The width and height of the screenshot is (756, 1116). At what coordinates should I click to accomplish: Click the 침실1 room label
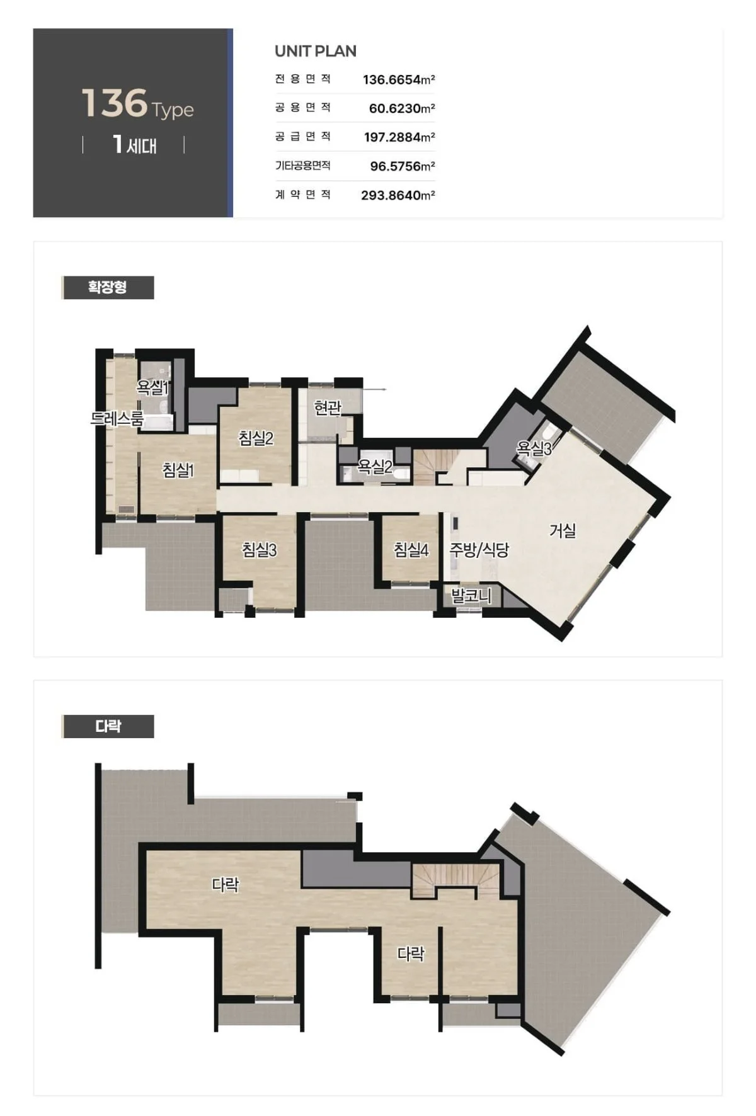click(178, 470)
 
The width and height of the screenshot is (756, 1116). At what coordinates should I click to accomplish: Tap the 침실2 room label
click(256, 438)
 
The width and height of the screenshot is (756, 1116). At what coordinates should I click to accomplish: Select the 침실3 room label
click(260, 550)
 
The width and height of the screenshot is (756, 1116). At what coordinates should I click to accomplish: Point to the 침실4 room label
click(411, 550)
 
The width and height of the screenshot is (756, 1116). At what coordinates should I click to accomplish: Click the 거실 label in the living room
click(563, 530)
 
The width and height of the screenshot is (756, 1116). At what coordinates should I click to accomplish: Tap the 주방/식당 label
click(479, 550)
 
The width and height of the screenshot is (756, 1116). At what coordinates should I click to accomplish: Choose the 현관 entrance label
click(328, 407)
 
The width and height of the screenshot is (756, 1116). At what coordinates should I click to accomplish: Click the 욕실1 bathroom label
click(153, 387)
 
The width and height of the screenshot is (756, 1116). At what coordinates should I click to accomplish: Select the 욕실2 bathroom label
click(375, 467)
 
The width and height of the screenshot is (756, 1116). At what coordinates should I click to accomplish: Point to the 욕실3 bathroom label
click(534, 448)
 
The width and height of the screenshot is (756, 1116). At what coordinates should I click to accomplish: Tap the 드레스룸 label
click(117, 418)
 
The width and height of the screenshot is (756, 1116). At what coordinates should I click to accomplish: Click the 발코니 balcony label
click(471, 595)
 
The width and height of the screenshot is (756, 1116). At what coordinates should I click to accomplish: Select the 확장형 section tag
click(108, 287)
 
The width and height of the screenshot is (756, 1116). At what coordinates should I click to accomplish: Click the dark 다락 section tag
click(108, 726)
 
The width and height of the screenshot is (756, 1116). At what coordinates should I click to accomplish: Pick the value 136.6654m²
click(399, 79)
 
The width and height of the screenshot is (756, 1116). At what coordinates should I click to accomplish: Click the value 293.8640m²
click(398, 195)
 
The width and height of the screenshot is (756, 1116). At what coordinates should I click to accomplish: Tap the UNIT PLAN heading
click(316, 51)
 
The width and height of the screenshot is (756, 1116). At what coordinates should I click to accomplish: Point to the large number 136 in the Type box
click(114, 103)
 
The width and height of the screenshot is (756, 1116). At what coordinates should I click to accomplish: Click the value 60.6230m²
click(402, 108)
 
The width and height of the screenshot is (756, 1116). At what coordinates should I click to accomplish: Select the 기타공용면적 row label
click(303, 166)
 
